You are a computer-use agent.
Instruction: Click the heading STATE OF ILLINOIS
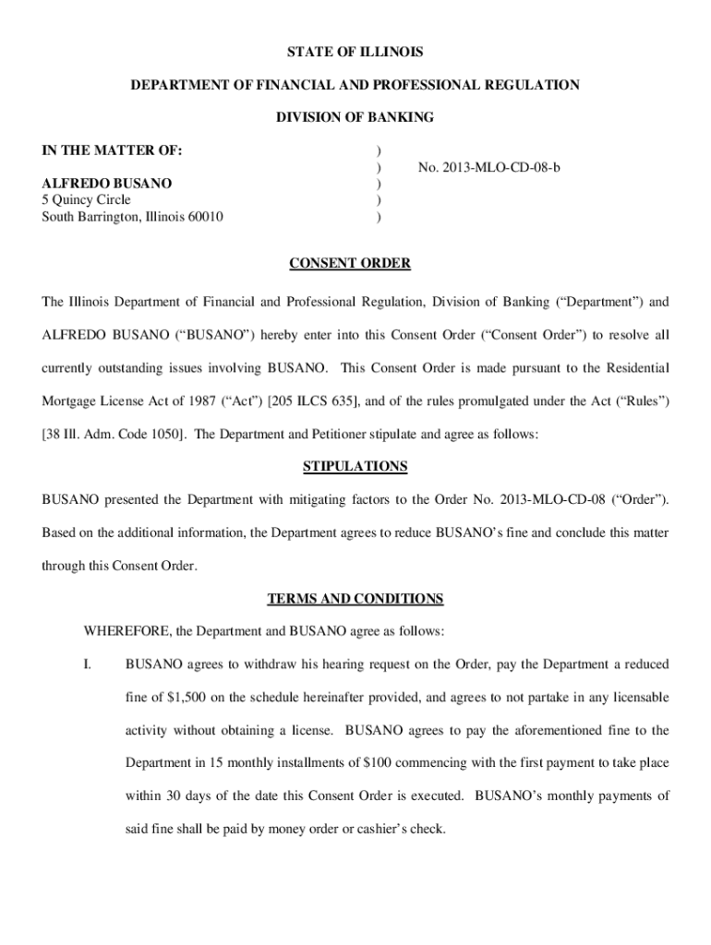[355, 52]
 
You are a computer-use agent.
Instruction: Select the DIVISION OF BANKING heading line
[355, 118]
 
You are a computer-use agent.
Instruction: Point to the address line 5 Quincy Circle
[87, 200]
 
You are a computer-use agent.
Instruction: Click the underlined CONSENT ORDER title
[350, 264]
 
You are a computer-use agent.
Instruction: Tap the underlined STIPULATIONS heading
[355, 467]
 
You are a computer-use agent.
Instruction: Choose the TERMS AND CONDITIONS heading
[355, 599]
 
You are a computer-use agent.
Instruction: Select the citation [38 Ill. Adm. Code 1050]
[112, 435]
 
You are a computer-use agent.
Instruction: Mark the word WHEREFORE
[126, 632]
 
